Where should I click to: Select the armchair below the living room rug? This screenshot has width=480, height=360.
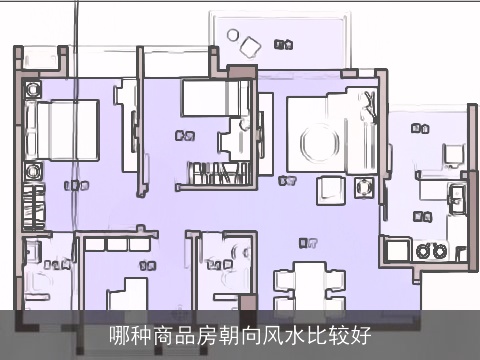point(328,189)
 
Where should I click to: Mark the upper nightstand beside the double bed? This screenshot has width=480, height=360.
point(32,89)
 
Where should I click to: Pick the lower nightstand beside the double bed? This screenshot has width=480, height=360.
point(32,172)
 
